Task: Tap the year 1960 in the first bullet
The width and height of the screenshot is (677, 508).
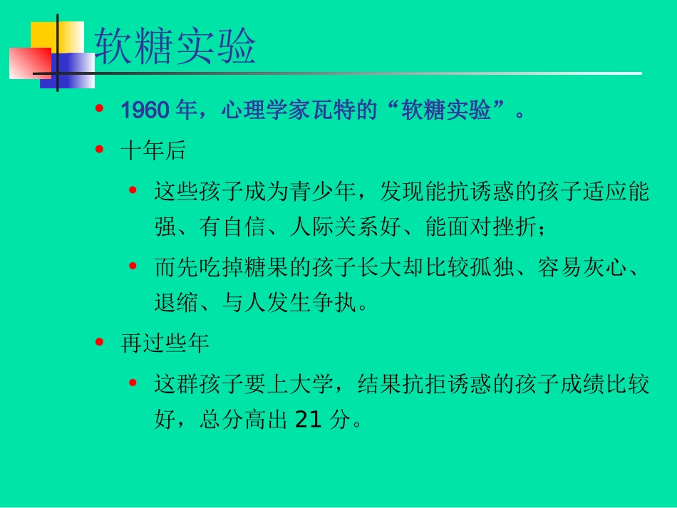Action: click(x=145, y=110)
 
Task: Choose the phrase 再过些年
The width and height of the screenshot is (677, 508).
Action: click(x=165, y=344)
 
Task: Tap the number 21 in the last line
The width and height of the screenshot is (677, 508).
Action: click(x=309, y=421)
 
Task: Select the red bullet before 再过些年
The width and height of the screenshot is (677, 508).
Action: click(x=99, y=343)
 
